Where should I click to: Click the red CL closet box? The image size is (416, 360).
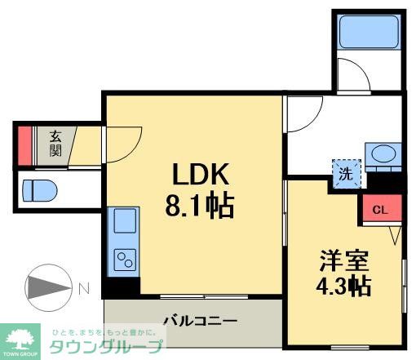[x=379, y=208]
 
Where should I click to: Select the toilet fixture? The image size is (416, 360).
[x=39, y=190]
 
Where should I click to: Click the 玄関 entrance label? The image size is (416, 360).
[x=55, y=144]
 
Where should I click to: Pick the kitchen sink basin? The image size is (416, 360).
[x=125, y=221]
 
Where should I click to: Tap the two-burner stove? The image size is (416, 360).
[x=125, y=260]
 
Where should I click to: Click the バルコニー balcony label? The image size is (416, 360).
[x=199, y=320]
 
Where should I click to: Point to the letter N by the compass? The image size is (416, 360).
[x=84, y=287]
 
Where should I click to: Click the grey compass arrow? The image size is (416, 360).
[x=49, y=287]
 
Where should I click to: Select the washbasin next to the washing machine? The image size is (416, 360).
[x=382, y=153]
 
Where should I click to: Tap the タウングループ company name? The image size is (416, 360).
[x=107, y=346]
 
